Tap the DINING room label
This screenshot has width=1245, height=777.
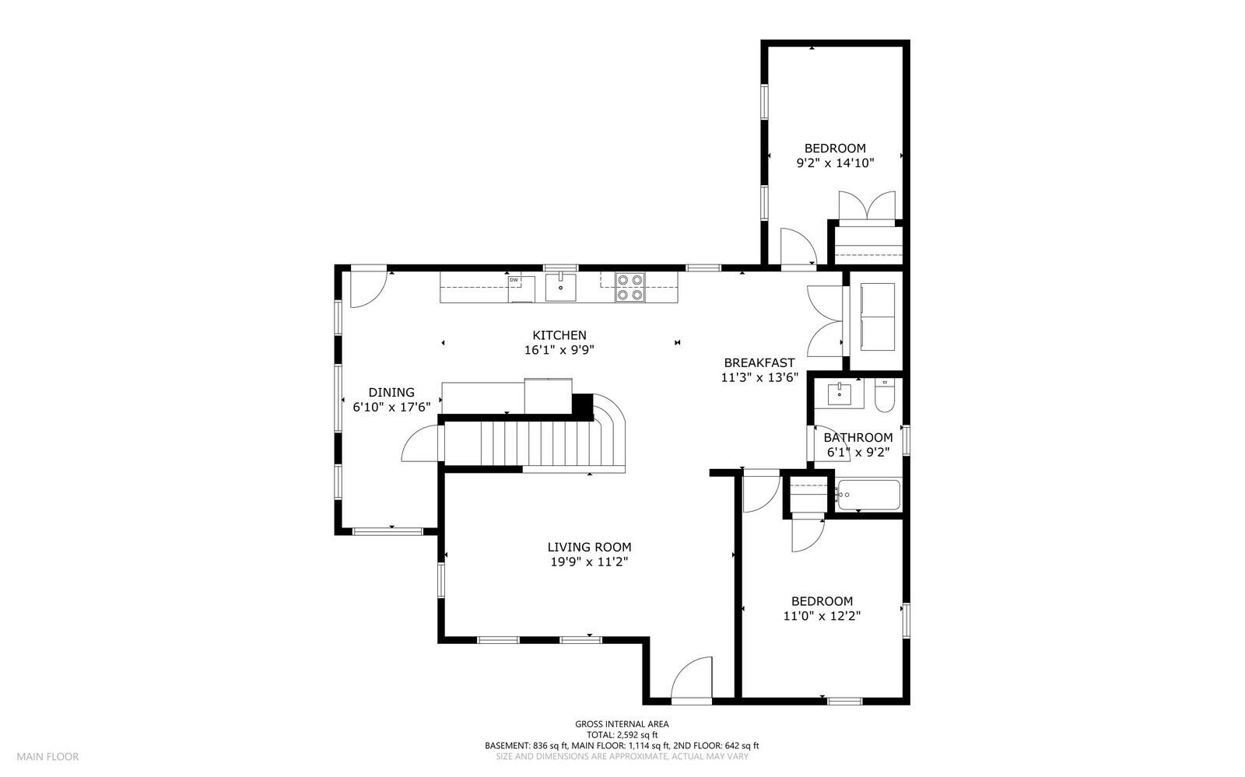(391, 393)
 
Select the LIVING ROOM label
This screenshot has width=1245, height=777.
(589, 548)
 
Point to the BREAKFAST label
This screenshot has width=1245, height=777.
(759, 362)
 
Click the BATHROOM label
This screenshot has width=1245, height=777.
(858, 437)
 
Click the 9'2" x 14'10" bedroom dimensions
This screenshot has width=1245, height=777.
(835, 163)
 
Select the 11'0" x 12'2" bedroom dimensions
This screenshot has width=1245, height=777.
(822, 615)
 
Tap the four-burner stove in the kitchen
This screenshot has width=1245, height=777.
(630, 287)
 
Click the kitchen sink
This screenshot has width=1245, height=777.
(560, 287)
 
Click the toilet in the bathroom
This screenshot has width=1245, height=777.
(885, 396)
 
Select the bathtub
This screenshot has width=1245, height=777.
(868, 495)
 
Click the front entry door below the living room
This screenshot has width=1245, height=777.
(691, 679)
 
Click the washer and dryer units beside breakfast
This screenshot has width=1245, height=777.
(877, 320)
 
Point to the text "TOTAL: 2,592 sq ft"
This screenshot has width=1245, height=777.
(622, 734)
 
